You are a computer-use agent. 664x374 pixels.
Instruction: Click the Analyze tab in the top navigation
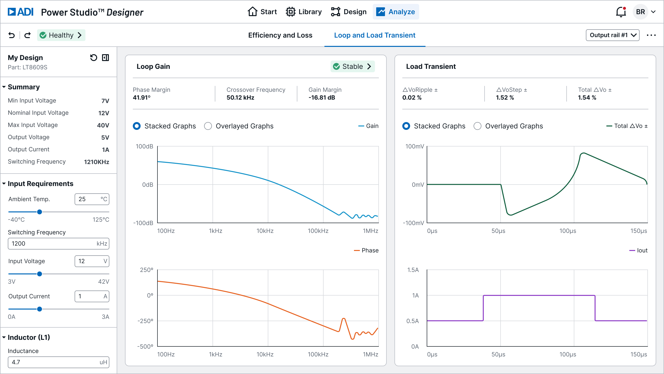[x=396, y=12]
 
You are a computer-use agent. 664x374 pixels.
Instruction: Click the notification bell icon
[x=621, y=12]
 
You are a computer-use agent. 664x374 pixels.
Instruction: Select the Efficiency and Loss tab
[x=280, y=35]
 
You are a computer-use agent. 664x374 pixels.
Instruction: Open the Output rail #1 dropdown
[x=612, y=35]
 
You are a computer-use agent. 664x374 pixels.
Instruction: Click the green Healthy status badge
[x=61, y=35]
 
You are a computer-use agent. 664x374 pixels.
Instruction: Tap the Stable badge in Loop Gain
[x=352, y=66]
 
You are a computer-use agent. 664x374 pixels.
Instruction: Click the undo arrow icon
[x=12, y=35]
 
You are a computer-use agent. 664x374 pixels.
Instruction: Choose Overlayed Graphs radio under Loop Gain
[x=208, y=126]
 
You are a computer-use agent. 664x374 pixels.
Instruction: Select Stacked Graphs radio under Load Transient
[x=406, y=126]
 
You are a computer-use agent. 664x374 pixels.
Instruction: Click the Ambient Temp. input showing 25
[x=92, y=199]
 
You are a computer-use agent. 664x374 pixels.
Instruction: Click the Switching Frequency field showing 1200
[x=58, y=244]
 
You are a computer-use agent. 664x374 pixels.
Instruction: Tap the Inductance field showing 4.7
[x=58, y=362]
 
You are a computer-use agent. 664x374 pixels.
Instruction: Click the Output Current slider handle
[x=40, y=309]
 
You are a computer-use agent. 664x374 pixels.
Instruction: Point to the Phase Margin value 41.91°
[x=142, y=98]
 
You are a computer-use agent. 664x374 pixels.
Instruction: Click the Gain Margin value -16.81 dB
[x=322, y=98]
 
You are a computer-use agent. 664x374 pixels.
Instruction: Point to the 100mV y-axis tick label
[x=414, y=146]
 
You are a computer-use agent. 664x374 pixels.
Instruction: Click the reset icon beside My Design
[x=93, y=58]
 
